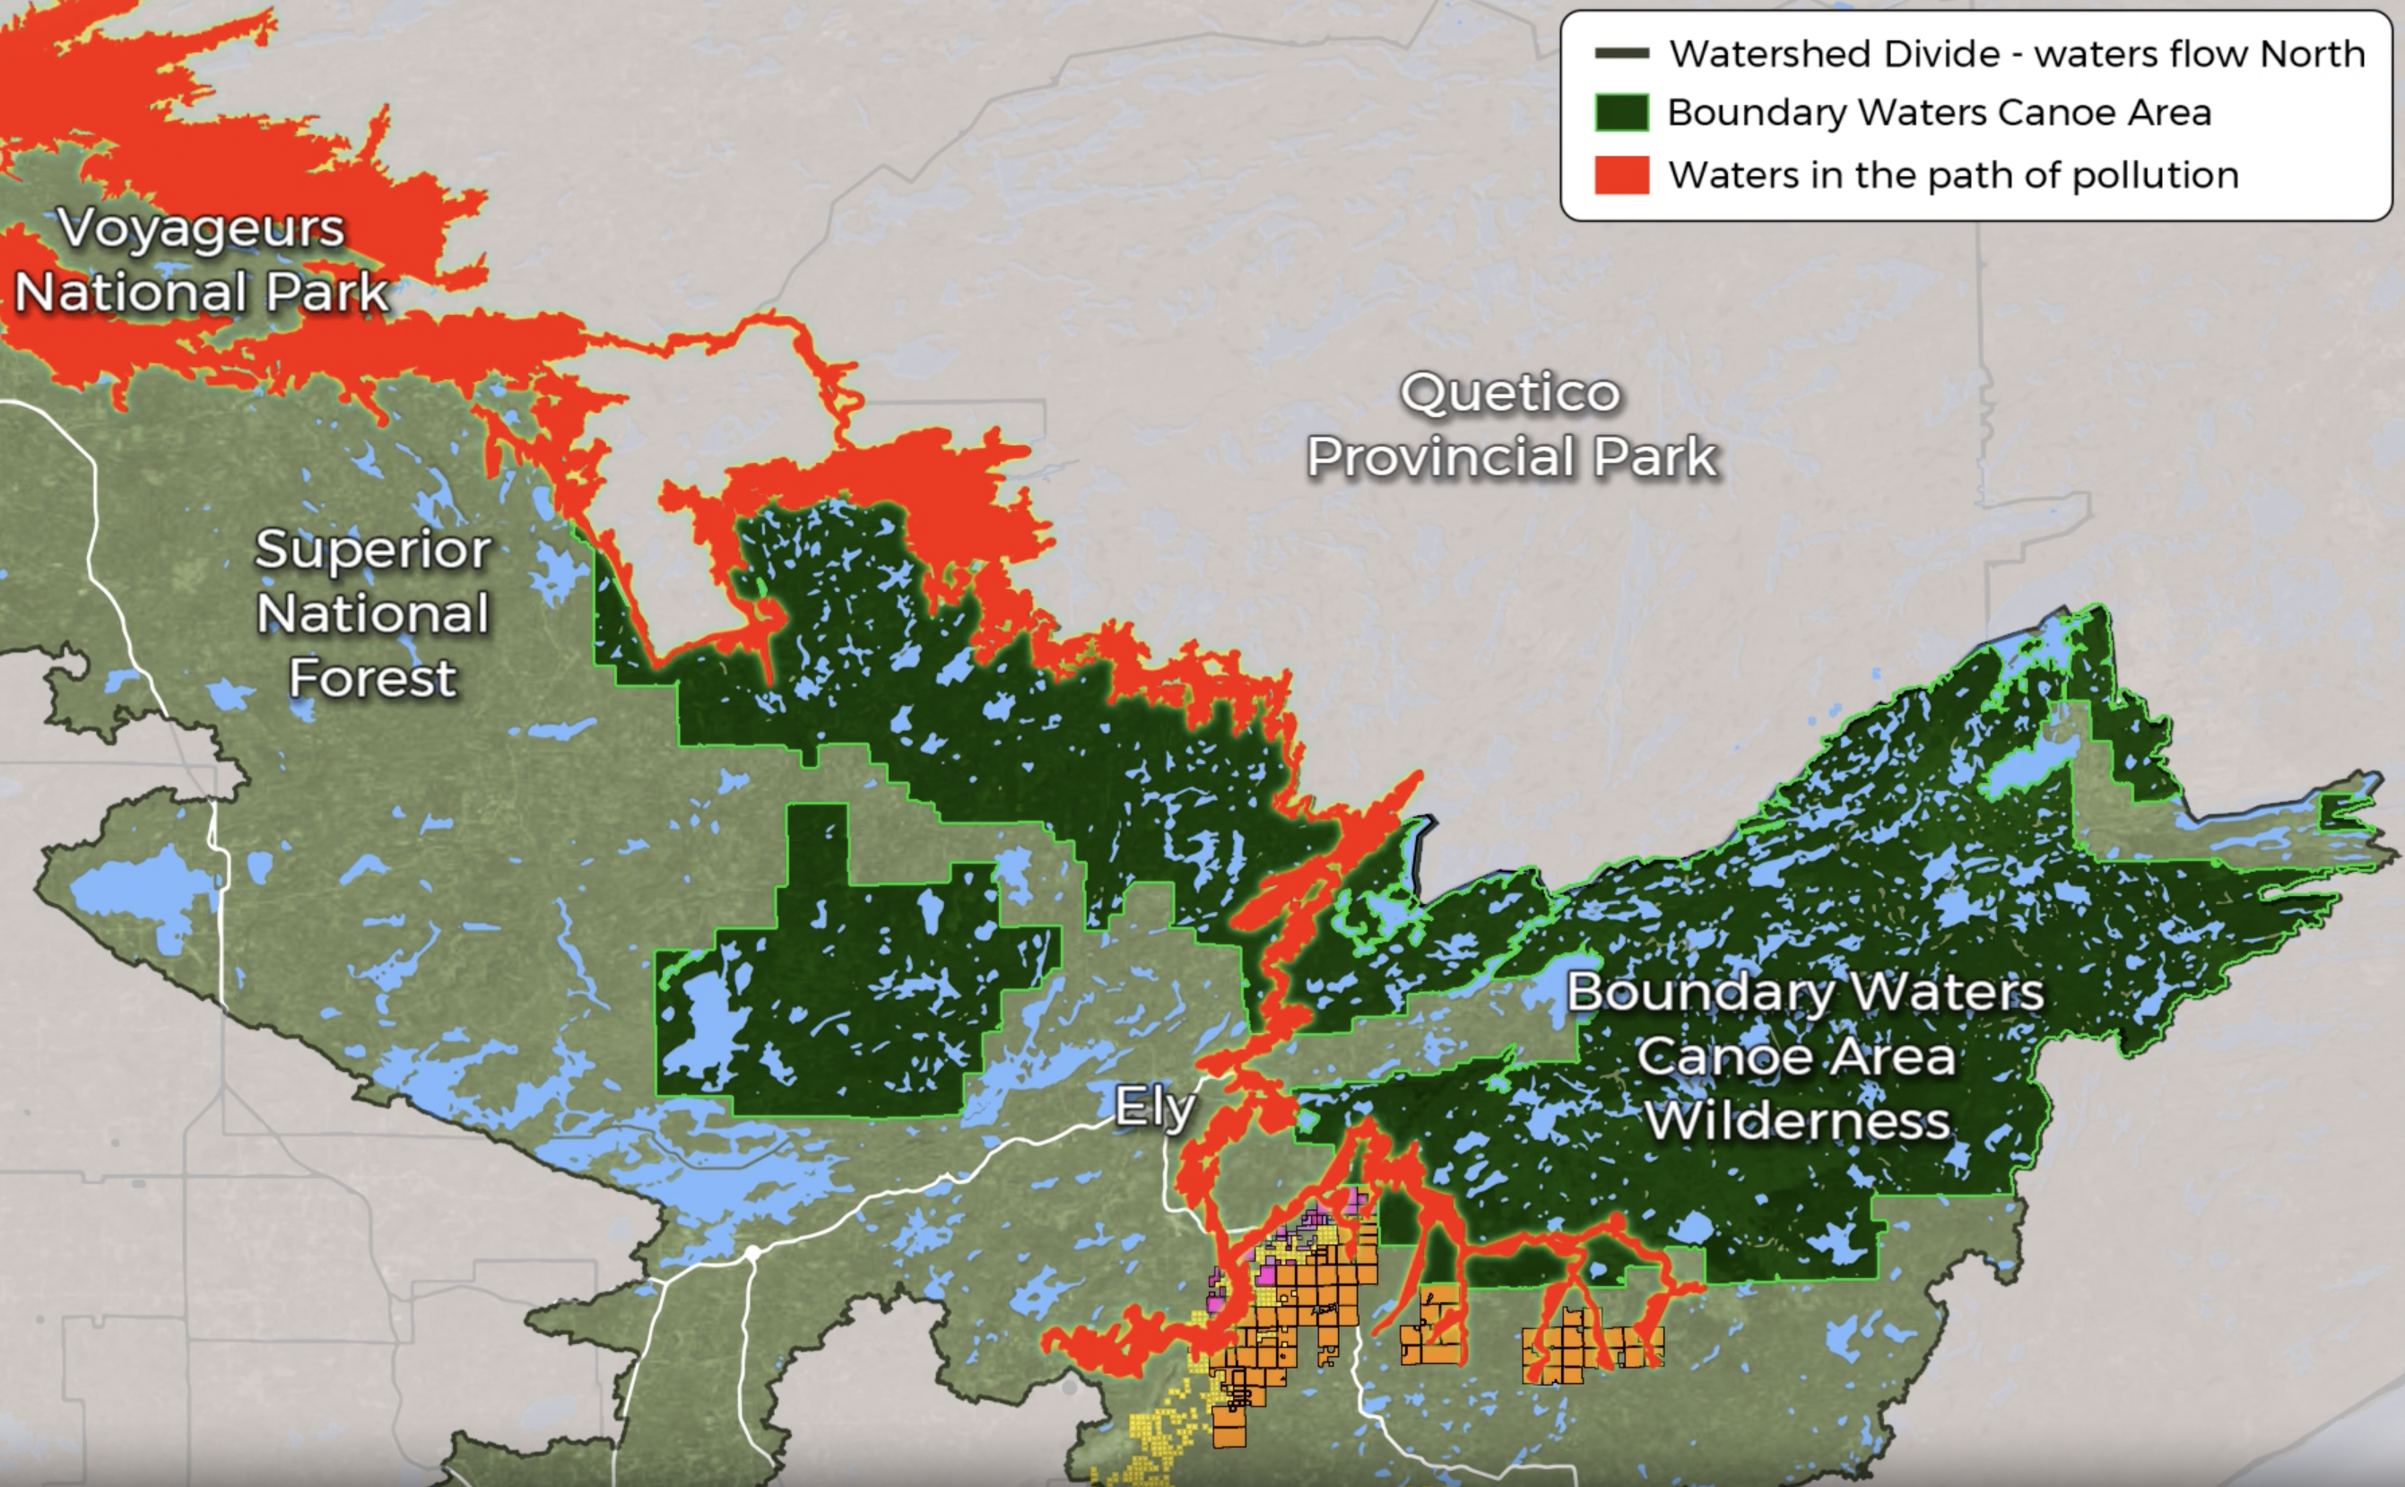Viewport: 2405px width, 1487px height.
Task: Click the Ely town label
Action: point(1154,1109)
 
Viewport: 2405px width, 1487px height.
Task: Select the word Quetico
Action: point(1509,394)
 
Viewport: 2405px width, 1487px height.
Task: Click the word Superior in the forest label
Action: point(373,550)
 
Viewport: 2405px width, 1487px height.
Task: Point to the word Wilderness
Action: point(1797,1122)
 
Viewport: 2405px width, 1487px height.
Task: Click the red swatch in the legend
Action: point(1621,175)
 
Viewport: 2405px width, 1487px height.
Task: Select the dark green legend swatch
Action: point(1621,113)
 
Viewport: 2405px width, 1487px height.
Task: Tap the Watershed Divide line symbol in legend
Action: point(1621,54)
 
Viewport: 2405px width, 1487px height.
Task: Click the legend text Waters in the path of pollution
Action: point(1953,175)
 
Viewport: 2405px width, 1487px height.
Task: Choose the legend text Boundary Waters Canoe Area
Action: point(1939,113)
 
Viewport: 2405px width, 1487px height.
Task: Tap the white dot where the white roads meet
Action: point(751,1253)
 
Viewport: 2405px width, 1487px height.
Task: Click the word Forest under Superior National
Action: point(373,678)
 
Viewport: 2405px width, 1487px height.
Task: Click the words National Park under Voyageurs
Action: point(202,293)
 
